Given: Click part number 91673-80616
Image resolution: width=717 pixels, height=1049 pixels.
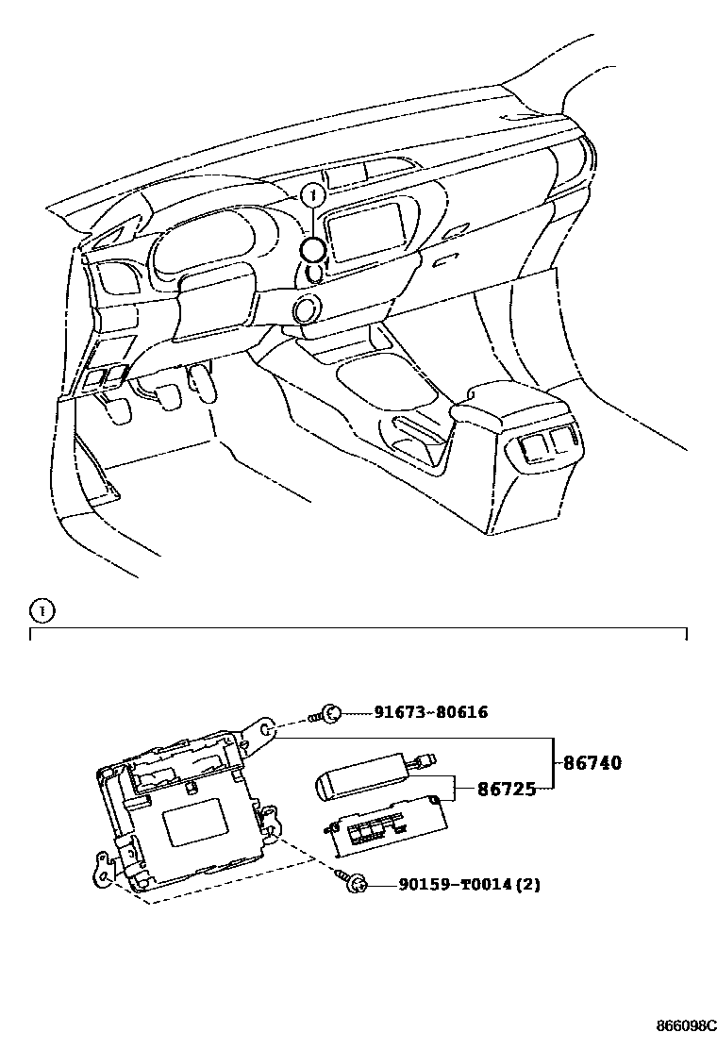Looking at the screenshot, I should (431, 712).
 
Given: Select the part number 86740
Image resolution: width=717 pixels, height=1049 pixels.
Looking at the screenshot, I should (592, 762).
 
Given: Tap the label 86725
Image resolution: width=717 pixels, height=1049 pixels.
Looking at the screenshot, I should (506, 789).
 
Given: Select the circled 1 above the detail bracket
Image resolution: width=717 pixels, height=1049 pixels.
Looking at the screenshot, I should (42, 609).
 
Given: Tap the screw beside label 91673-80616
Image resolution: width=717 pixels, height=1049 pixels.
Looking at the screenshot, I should (330, 713).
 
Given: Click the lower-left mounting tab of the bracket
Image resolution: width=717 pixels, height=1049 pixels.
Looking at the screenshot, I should (103, 866).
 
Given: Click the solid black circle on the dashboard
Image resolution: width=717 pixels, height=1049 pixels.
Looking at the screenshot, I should (314, 249).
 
